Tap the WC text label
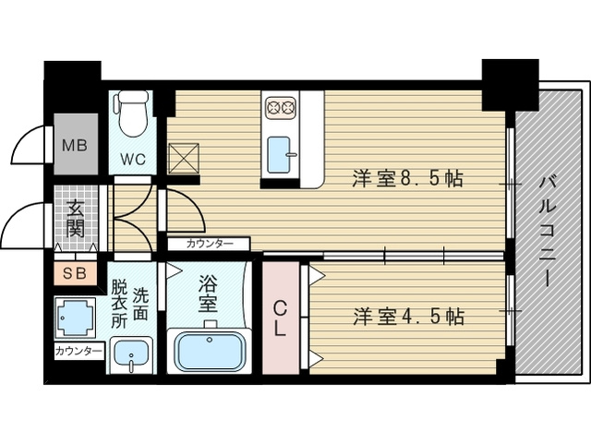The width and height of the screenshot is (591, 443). click(x=132, y=158)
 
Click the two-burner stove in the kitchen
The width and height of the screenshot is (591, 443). click(x=280, y=108)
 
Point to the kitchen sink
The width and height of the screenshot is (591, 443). click(x=280, y=154)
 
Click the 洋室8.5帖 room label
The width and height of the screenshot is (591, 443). click(x=407, y=180)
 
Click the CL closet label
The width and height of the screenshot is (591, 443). click(x=281, y=317)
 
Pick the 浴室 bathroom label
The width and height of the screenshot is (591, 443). click(x=208, y=291)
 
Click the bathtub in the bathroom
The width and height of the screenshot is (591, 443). click(x=211, y=349)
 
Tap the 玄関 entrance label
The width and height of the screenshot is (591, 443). click(x=74, y=218)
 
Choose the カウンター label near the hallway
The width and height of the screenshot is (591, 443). click(x=210, y=244)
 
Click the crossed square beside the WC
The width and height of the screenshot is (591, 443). click(x=184, y=158)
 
